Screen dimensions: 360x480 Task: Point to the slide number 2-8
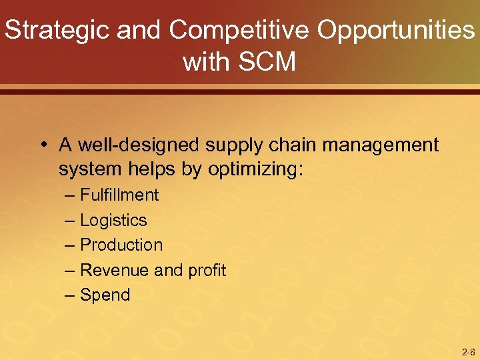(x=468, y=352)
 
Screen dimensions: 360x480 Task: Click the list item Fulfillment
(x=119, y=195)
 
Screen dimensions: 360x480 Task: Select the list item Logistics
(x=113, y=220)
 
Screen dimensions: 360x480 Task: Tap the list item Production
(x=121, y=245)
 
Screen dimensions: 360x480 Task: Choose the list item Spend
(x=105, y=295)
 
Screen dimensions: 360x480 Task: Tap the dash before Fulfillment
(x=71, y=195)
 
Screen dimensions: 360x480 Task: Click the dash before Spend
(x=71, y=295)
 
